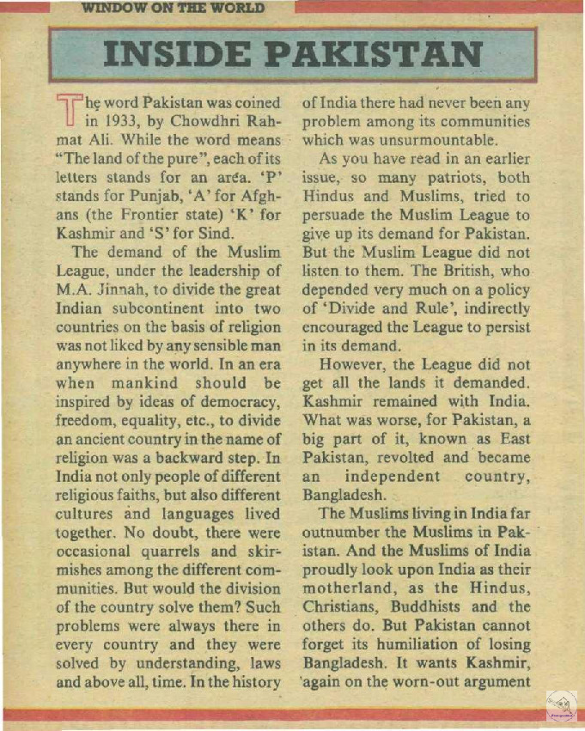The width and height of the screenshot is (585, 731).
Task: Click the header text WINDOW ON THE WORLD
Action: (173, 9)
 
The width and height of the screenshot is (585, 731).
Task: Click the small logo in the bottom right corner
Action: (562, 707)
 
